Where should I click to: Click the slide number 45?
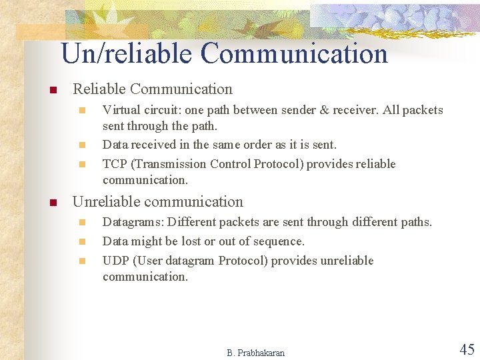click(x=467, y=349)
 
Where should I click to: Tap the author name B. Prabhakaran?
click(x=255, y=353)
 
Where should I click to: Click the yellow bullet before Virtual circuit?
click(x=82, y=111)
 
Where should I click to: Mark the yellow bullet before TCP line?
click(x=82, y=165)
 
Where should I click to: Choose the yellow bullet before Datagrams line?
click(x=82, y=223)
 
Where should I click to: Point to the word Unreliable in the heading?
click(x=106, y=201)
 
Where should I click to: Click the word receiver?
click(x=355, y=110)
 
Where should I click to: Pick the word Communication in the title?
click(x=294, y=53)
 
